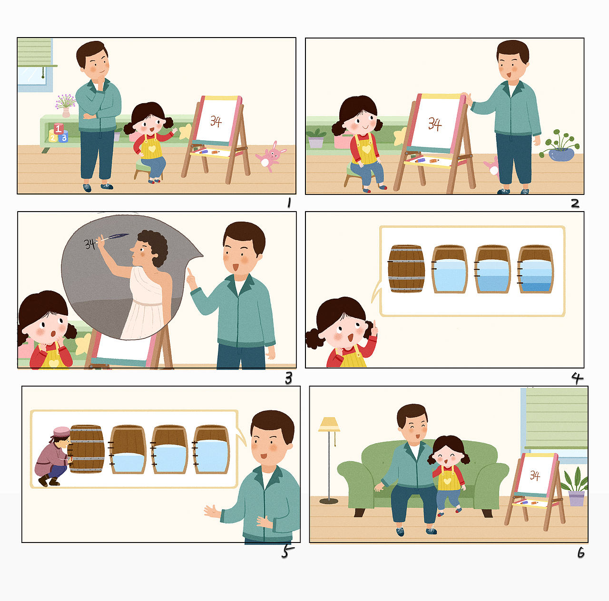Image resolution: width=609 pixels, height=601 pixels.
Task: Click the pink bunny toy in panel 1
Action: pos(271,156)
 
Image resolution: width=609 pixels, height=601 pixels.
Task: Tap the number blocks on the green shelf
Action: pos(58,134)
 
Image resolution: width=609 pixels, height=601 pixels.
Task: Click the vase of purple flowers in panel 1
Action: pos(66,106)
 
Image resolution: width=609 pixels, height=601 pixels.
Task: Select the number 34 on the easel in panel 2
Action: pos(434,124)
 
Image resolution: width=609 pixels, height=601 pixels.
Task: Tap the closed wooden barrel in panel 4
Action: pos(406,269)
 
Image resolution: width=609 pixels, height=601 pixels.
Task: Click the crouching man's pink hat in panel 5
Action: pos(61,432)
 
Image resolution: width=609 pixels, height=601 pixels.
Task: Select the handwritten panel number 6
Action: pos(580,553)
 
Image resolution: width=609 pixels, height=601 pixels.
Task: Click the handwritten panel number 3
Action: pos(288,378)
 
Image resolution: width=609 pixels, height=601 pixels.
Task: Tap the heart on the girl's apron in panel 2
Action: pos(366,150)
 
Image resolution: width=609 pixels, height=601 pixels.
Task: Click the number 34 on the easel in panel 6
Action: pos(535,475)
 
